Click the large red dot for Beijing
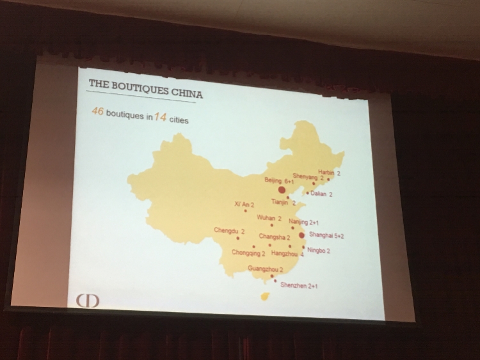click(282, 190)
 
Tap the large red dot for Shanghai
click(302, 235)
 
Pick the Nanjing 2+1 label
click(303, 222)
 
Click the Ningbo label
click(319, 251)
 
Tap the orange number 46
click(97, 111)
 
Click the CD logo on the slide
click(88, 301)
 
